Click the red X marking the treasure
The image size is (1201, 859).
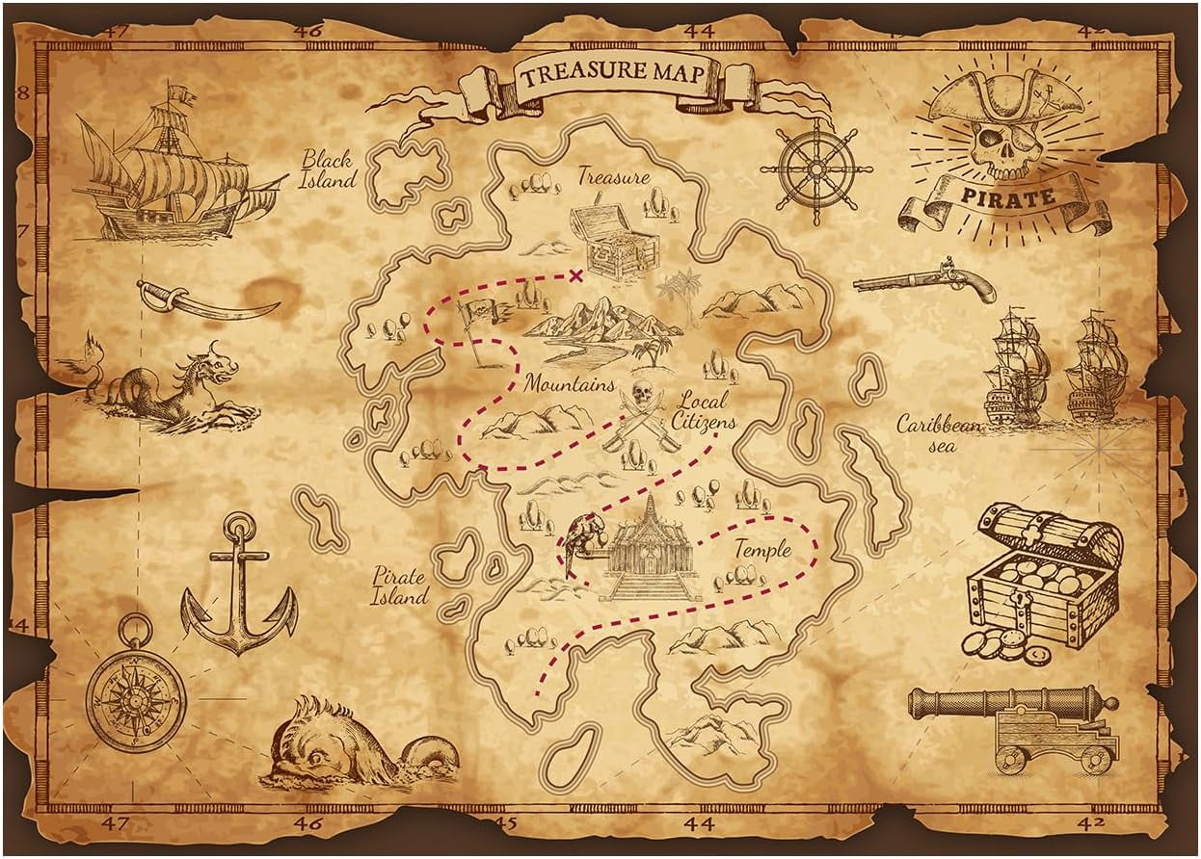point(576,276)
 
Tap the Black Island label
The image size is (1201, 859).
point(328,169)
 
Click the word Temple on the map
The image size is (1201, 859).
point(762,550)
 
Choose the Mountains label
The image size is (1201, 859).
point(569,384)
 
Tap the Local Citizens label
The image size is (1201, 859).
point(704,411)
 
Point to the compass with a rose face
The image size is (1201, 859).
point(135,695)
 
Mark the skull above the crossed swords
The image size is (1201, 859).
point(641,395)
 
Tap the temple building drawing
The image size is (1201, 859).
point(648,554)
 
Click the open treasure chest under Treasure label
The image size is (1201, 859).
point(613,242)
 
